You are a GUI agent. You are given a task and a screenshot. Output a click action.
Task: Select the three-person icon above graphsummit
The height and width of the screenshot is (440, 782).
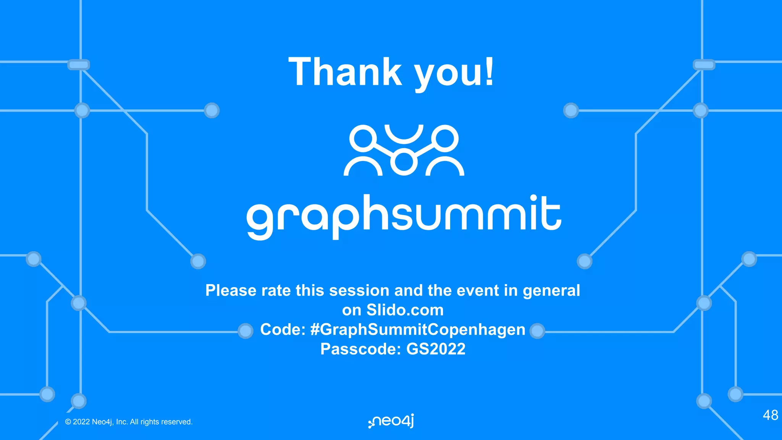404,150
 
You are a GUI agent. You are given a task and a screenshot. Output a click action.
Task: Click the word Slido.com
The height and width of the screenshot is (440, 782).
405,310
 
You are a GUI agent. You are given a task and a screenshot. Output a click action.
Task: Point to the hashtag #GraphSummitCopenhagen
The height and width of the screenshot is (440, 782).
418,330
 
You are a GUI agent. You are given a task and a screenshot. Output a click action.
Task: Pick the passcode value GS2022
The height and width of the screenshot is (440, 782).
436,349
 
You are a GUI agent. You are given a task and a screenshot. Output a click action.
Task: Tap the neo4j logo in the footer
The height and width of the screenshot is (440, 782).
391,421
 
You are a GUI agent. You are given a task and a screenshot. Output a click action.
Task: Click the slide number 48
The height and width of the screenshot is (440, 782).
770,415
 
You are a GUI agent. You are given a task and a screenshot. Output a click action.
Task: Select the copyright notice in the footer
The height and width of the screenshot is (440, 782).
129,422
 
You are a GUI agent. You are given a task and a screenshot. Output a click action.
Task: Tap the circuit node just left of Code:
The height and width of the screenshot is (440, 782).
245,331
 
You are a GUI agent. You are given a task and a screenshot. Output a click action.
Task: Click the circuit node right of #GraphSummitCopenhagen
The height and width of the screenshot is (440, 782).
537,331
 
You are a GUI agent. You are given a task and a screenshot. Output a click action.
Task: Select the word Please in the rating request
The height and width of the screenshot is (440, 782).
231,291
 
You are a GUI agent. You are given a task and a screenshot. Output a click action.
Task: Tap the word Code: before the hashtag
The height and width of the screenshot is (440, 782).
283,330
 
